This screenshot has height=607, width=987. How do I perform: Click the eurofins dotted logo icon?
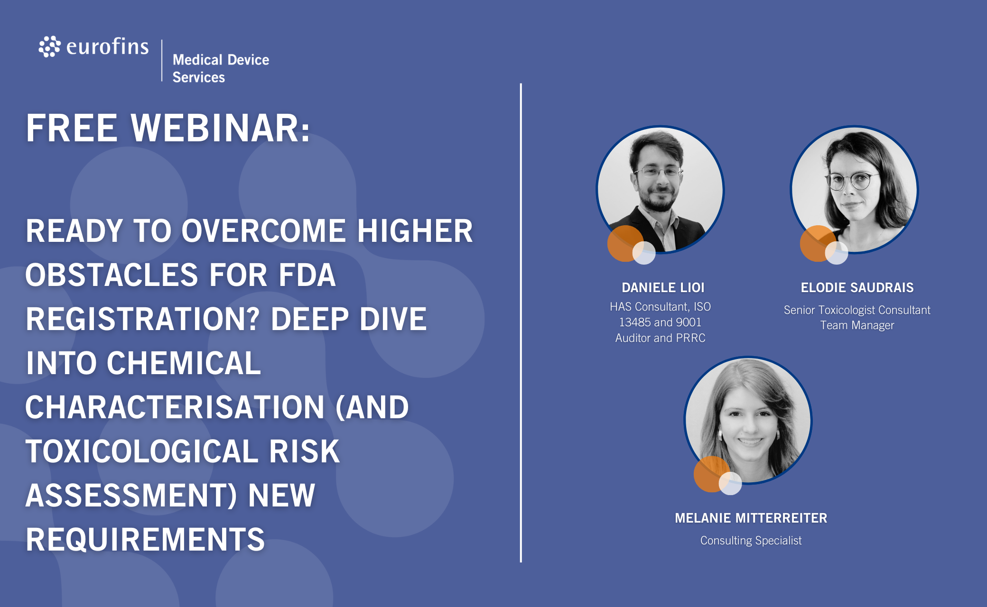click(x=49, y=46)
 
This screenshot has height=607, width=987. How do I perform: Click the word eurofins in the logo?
click(x=108, y=46)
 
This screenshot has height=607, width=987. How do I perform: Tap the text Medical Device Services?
click(x=221, y=68)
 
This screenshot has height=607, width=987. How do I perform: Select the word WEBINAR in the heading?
click(x=221, y=128)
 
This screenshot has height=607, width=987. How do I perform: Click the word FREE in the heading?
click(x=72, y=128)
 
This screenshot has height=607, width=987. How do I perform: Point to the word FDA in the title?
click(x=307, y=275)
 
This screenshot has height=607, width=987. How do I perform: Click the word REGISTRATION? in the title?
click(x=143, y=319)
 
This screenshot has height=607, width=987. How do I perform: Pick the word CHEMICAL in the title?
click(x=184, y=363)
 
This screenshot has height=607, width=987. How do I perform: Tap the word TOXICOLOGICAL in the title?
click(x=142, y=451)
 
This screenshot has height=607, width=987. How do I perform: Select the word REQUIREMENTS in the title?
click(x=145, y=540)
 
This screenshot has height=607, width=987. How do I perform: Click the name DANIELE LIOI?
click(x=663, y=287)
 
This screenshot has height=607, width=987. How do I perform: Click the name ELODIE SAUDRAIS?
click(x=857, y=287)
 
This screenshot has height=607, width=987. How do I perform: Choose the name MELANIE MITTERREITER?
click(x=751, y=518)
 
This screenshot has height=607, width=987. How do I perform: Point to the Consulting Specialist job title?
click(x=751, y=541)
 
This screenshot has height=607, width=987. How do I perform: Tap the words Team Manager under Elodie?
click(x=857, y=325)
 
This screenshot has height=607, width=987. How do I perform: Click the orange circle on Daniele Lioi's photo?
click(x=624, y=243)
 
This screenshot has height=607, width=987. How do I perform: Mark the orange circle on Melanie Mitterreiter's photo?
click(x=711, y=474)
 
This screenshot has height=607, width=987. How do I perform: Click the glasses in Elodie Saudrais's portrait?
click(x=851, y=181)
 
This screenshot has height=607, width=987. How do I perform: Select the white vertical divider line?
click(x=521, y=323)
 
